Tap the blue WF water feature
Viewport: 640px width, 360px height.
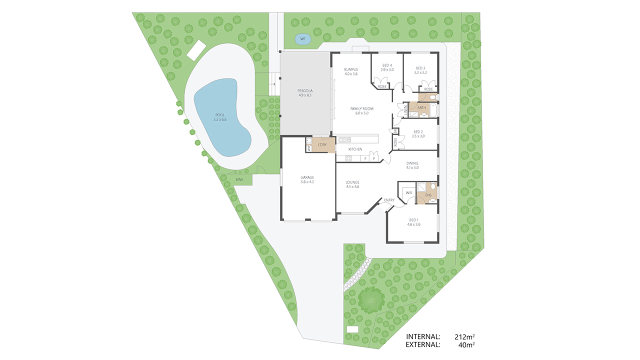[x=302, y=39]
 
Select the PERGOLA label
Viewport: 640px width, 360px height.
[x=304, y=90]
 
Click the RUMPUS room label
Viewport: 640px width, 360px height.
[x=351, y=69]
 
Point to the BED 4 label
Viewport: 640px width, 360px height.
[x=387, y=65]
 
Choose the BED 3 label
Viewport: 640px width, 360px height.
[x=420, y=68]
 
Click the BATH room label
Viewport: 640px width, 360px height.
[x=421, y=107]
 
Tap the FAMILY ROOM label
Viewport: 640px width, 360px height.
[x=362, y=109]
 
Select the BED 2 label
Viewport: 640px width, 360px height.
[x=418, y=132]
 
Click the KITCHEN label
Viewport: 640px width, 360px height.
[x=355, y=149]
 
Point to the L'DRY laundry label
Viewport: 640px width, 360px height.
[x=322, y=145]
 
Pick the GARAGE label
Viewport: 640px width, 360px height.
[x=307, y=177]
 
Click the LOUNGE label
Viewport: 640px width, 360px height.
[x=352, y=182]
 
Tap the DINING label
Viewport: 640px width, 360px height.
[x=412, y=163]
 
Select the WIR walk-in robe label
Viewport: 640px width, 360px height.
[x=408, y=192]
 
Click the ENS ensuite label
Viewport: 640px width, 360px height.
[x=428, y=195]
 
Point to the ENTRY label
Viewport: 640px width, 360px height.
[x=389, y=200]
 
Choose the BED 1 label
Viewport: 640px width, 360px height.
[x=414, y=220]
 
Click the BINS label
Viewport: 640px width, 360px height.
[x=239, y=179]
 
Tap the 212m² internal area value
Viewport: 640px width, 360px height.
[x=464, y=336]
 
